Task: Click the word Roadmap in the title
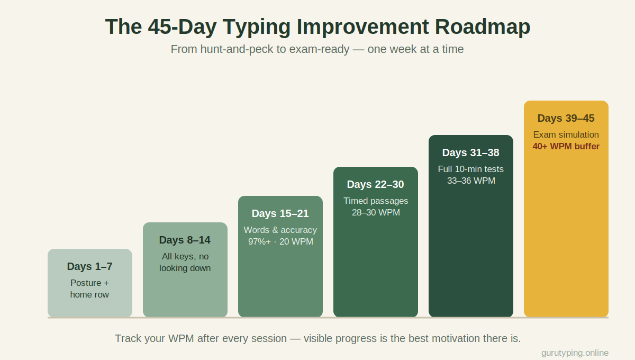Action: coord(483,26)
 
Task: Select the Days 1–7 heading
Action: coord(89,266)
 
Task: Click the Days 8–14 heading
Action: coord(185,240)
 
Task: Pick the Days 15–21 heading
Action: coord(280,213)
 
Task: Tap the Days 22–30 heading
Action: coord(375,184)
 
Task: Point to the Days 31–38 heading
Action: coord(470,152)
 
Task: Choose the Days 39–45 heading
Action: coord(566,118)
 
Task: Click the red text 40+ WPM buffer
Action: coord(566,147)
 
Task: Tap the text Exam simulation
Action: coord(566,135)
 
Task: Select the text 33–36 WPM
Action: coord(471,181)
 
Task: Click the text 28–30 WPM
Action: coord(376,212)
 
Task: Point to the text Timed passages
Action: coord(376,201)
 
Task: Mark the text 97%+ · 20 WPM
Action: coord(280,242)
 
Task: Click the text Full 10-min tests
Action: coord(470,169)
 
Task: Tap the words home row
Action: coord(89,295)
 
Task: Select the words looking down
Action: coord(185,268)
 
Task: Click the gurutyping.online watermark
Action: coord(575,353)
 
